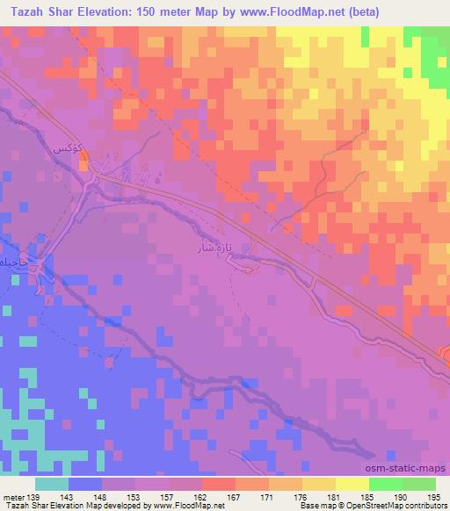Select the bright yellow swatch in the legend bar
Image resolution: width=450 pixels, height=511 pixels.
pos(352,484)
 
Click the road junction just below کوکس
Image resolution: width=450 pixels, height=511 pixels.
pos(95,173)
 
